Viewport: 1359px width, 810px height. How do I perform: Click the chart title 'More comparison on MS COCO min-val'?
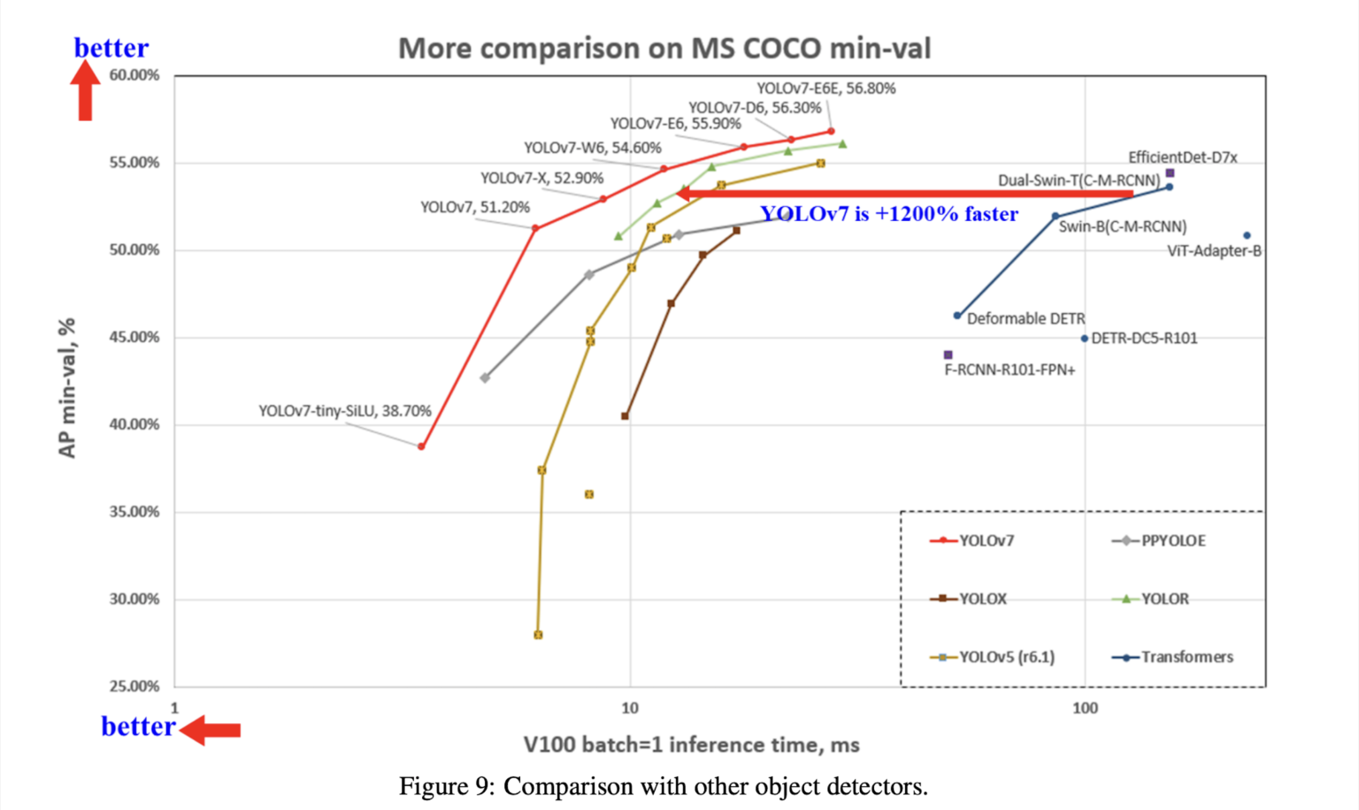tap(664, 48)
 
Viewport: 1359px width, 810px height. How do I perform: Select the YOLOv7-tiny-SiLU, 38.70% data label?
tap(344, 411)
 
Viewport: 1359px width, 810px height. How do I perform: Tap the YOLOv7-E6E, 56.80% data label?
tap(825, 88)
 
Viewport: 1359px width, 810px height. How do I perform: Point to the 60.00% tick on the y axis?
tap(134, 76)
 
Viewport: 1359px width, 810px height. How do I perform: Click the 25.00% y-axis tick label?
tap(134, 686)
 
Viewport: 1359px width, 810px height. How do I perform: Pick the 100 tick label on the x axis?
tap(1085, 708)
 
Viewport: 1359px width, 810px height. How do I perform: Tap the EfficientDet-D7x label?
tap(1182, 157)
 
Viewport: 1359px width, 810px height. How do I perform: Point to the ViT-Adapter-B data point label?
tap(1214, 251)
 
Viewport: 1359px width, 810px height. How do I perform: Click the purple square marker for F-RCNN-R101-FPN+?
tap(948, 355)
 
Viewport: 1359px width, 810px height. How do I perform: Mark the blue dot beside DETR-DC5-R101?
tap(1085, 339)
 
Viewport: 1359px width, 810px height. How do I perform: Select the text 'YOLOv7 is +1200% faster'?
tap(889, 214)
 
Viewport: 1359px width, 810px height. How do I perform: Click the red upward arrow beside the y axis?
tap(86, 91)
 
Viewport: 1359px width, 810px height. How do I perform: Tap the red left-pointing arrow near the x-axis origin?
tap(210, 730)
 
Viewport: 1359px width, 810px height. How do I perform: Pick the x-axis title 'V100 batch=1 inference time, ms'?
tap(691, 745)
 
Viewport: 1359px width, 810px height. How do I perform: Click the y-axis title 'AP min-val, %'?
tap(67, 388)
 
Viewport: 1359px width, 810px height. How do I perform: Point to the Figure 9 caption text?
tap(663, 786)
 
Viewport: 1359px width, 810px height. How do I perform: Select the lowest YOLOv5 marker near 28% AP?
tap(538, 635)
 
